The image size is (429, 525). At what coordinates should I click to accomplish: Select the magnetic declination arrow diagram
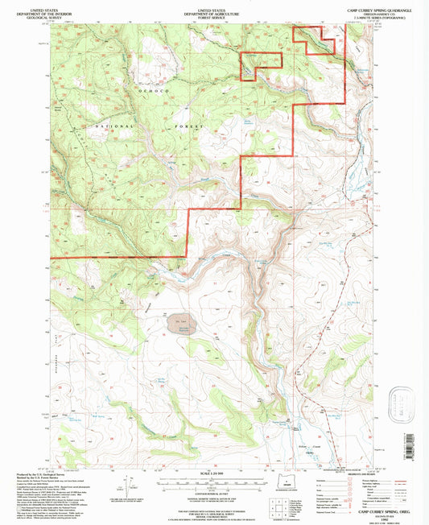pos(125,488)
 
